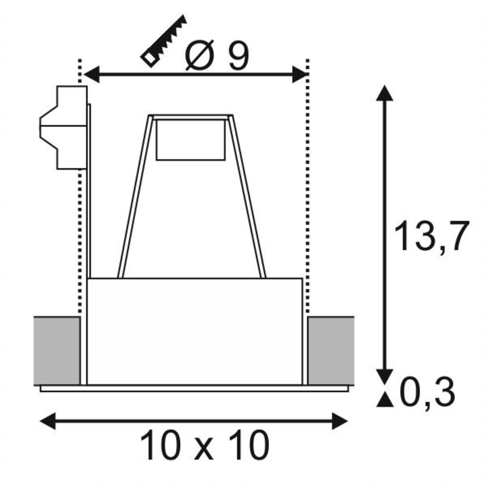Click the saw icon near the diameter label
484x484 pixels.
click(x=164, y=41)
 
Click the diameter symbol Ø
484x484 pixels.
click(x=200, y=56)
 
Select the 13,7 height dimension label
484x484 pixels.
click(x=431, y=236)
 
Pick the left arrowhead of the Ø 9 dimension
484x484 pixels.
click(x=91, y=74)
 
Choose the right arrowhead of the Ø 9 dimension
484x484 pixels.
click(x=300, y=74)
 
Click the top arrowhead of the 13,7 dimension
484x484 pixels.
click(x=384, y=93)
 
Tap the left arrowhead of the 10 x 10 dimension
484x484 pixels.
click(x=48, y=421)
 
